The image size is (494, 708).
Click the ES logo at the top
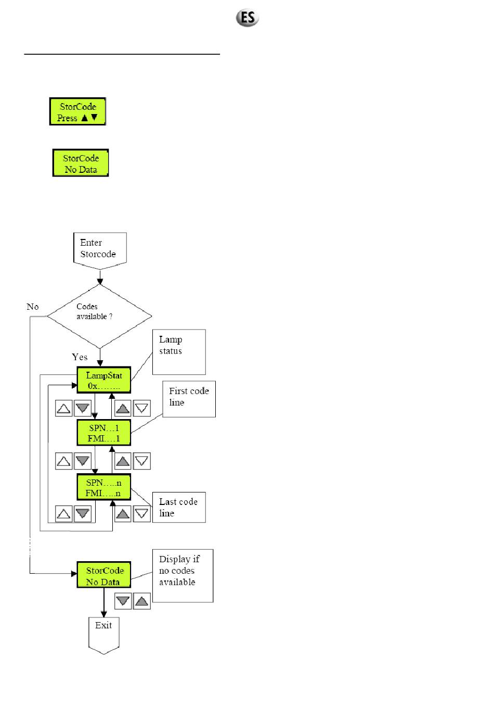tap(247, 18)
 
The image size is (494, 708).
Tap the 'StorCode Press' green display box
tap(77, 111)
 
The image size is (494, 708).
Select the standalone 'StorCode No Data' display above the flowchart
tap(81, 163)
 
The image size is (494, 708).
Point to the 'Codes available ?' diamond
tap(99, 316)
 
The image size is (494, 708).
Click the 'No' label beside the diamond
tap(33, 307)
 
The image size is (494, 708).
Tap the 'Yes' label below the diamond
tap(80, 357)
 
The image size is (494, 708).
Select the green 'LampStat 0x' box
tap(104, 380)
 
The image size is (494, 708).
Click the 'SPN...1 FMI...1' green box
tap(104, 433)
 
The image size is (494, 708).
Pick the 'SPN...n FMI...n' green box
tap(104, 487)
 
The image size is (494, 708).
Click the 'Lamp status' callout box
tap(179, 352)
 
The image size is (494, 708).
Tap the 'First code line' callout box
tap(189, 399)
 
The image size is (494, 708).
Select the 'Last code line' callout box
tap(179, 507)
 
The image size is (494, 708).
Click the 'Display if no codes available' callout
tap(183, 576)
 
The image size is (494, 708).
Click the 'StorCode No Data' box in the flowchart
tap(104, 575)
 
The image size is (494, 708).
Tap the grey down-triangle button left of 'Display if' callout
tap(123, 601)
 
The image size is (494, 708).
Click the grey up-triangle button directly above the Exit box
tap(142, 601)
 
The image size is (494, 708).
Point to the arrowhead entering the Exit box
tap(103, 614)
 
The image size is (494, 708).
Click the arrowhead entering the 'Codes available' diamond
tap(100, 281)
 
